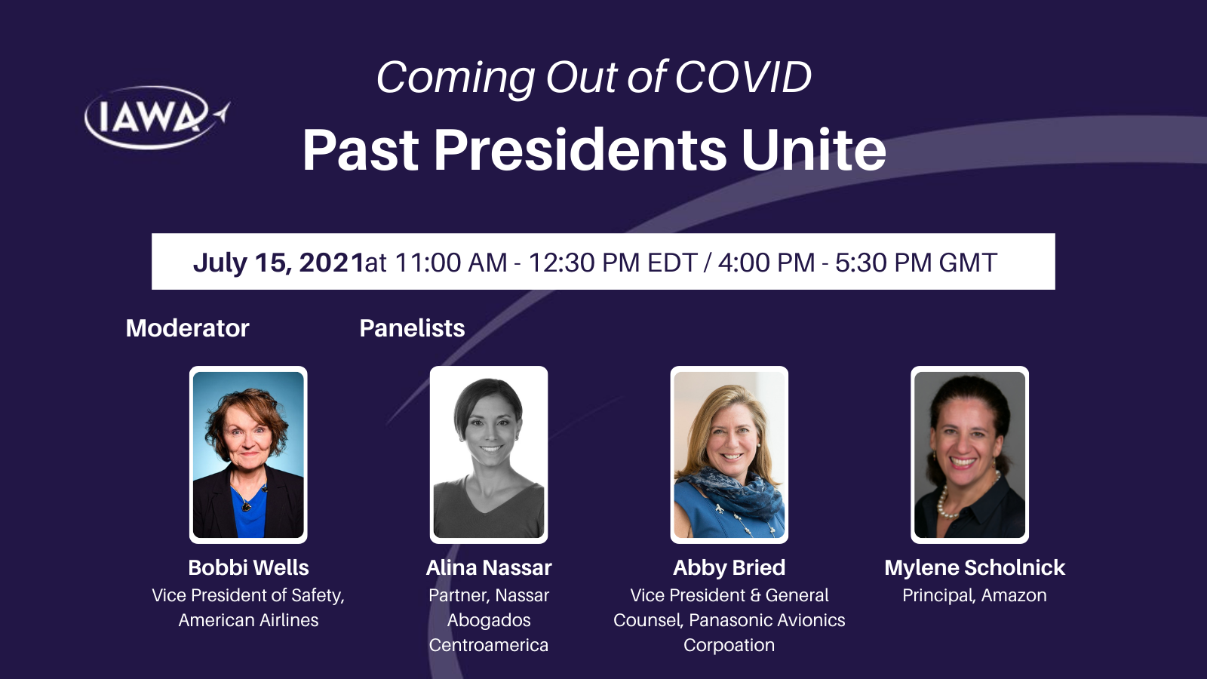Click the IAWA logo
tap(157, 118)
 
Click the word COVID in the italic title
tap(743, 78)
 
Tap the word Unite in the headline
tap(814, 150)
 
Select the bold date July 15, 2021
tap(278, 263)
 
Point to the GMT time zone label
tap(968, 263)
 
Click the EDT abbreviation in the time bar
tap(672, 263)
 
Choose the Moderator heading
tap(188, 328)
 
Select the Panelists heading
tap(412, 328)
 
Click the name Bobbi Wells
tap(248, 567)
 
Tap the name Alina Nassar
tap(489, 567)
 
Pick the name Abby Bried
tap(729, 567)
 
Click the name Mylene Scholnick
tap(975, 567)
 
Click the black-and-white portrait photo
tap(489, 455)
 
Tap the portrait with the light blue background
tap(248, 455)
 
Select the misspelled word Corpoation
tap(729, 645)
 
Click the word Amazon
tap(1014, 595)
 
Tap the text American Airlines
tap(248, 620)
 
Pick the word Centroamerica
tap(489, 645)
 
